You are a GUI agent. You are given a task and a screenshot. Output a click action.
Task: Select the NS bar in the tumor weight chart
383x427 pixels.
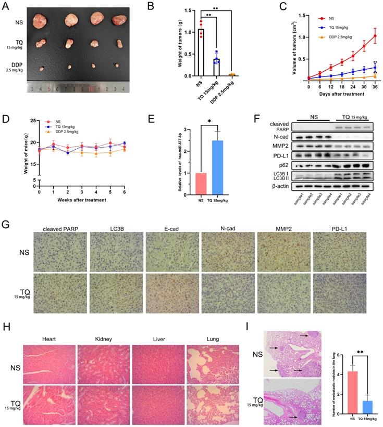pos(201,53)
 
